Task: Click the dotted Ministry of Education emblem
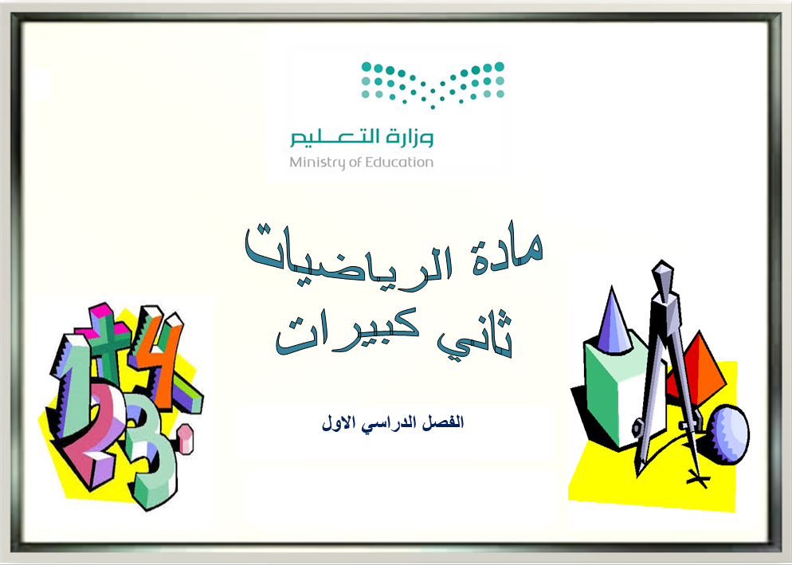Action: [x=433, y=84]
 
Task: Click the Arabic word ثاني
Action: [x=475, y=334]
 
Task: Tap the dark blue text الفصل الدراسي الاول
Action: [x=393, y=422]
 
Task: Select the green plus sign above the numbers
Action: [x=107, y=338]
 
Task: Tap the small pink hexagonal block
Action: [x=185, y=439]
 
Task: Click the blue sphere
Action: [x=728, y=434]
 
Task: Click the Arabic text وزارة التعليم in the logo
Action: [x=362, y=137]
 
